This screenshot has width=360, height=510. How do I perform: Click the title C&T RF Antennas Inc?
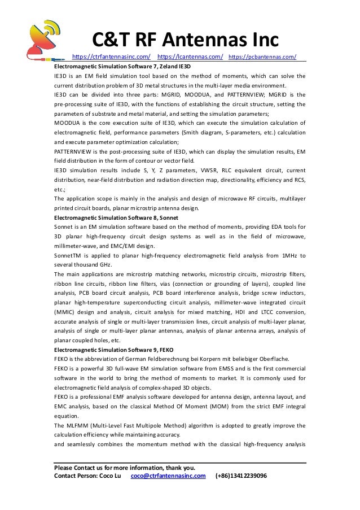pyautogui.click(x=186, y=40)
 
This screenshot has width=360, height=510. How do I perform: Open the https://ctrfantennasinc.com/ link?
pyautogui.click(x=112, y=57)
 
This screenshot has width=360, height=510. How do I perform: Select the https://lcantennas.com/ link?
pyautogui.click(x=190, y=57)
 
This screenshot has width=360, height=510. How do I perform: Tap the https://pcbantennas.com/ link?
pyautogui.click(x=263, y=57)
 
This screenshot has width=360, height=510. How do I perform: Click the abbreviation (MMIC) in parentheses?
pyautogui.click(x=66, y=312)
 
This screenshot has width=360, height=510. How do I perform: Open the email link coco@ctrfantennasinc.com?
pyautogui.click(x=168, y=476)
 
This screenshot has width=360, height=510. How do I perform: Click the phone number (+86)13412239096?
pyautogui.click(x=241, y=476)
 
